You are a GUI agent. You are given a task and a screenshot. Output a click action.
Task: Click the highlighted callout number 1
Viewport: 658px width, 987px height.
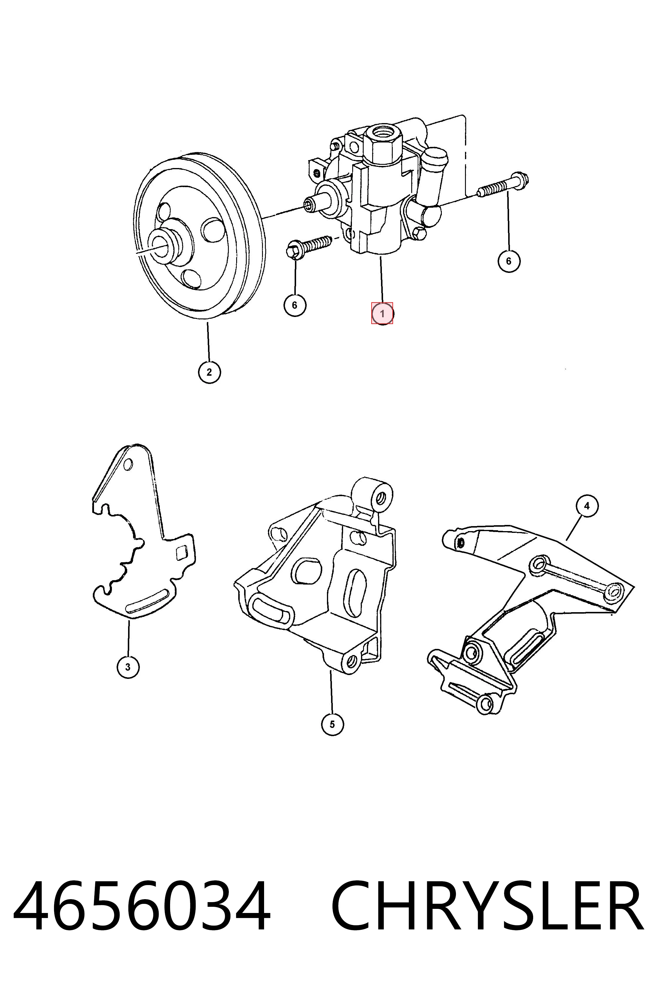click(382, 313)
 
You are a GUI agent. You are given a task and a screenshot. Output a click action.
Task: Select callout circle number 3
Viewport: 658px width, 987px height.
click(128, 667)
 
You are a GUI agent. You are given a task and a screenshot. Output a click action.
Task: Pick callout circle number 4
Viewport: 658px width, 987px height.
click(587, 506)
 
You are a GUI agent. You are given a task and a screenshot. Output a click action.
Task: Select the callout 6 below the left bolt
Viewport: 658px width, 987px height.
click(295, 305)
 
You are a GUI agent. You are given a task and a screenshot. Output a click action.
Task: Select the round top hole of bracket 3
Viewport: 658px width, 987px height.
click(128, 464)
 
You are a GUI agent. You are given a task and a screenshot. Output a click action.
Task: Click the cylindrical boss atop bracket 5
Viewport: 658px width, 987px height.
click(373, 495)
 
